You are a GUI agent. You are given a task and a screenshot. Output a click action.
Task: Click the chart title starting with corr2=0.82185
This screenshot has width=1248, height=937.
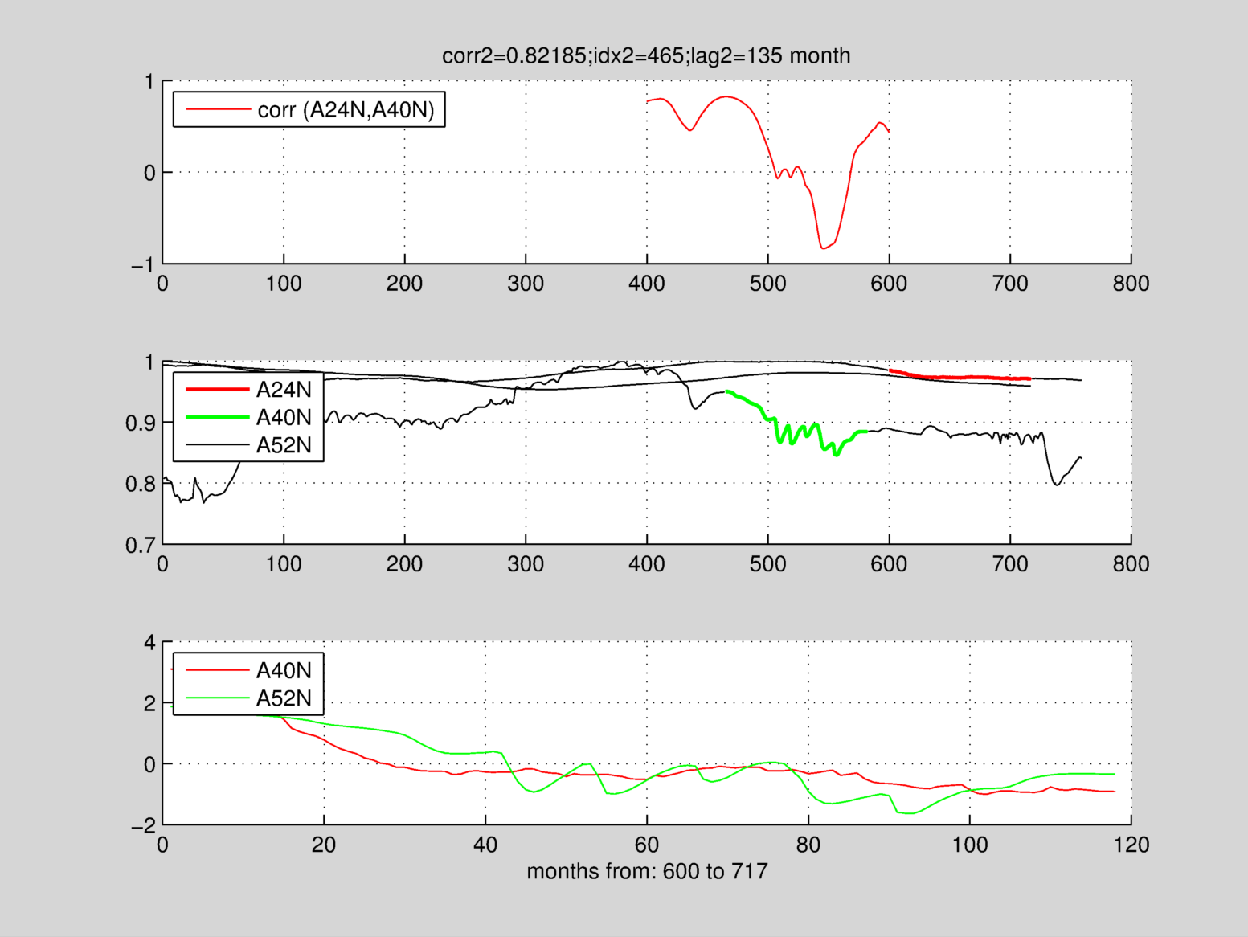(646, 55)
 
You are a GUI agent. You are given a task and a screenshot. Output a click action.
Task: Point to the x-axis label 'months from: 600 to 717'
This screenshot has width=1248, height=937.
(647, 871)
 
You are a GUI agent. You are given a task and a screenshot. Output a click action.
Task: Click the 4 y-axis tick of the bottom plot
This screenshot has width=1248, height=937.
(149, 643)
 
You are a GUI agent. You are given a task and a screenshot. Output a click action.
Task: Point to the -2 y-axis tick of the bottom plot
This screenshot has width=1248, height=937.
(144, 826)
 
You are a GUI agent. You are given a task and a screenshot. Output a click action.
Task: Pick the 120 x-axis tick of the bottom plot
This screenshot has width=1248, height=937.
(1131, 845)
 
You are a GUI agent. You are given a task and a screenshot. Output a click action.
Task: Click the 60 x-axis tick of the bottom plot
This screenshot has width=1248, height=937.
(647, 845)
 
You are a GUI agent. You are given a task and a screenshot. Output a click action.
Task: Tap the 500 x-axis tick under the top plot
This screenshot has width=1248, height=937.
(767, 284)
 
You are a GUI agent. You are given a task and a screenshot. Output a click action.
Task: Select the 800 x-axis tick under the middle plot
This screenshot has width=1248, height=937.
(1131, 564)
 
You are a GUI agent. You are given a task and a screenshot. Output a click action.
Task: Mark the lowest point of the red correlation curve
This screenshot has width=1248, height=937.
(822, 248)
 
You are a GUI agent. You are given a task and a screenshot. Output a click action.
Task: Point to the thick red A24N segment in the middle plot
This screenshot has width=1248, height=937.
(964, 377)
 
